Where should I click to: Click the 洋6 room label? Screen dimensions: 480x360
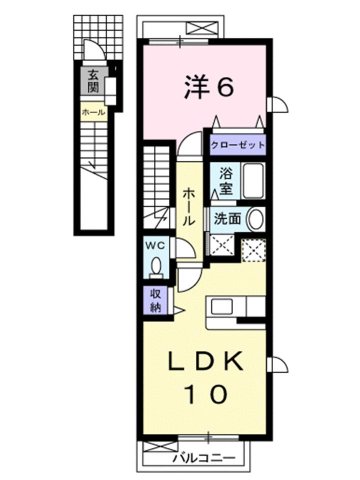[x=209, y=88]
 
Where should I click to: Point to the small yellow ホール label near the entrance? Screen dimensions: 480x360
[x=93, y=112]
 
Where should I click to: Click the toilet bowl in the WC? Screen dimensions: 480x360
[x=157, y=266]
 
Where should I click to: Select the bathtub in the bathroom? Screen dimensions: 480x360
[x=250, y=183]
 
